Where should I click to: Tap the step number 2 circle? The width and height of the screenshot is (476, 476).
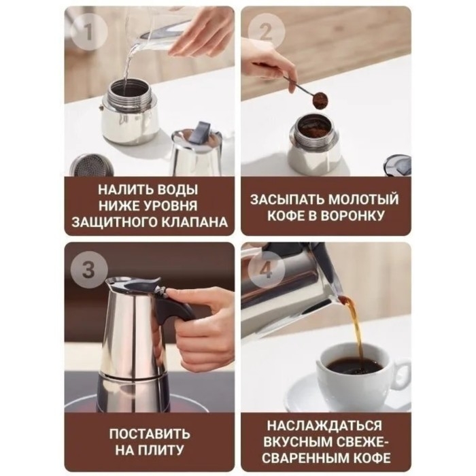[262, 30]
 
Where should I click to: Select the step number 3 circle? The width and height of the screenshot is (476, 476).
[88, 269]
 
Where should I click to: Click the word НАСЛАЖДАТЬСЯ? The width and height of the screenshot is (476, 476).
[325, 425]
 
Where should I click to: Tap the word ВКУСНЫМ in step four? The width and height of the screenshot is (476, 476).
[307, 441]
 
